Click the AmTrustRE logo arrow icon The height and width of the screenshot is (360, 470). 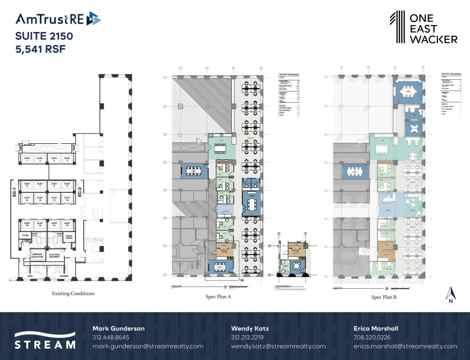(94, 18)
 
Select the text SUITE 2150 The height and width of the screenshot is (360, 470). (44, 36)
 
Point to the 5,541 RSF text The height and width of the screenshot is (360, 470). (41, 49)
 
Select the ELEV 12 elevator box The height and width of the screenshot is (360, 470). (67, 198)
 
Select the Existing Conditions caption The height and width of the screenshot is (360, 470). (73, 293)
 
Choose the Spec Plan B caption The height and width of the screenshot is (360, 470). (384, 297)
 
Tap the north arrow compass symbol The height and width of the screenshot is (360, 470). (451, 294)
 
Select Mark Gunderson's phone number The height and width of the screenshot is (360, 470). (111, 337)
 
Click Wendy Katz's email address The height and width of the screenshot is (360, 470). (278, 346)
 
